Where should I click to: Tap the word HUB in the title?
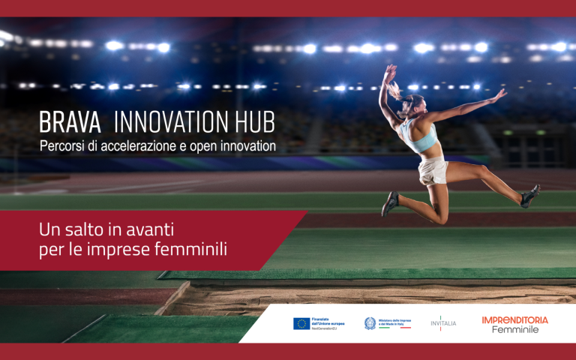point(252,122)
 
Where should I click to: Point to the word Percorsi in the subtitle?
point(63,145)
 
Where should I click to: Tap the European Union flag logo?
point(301,323)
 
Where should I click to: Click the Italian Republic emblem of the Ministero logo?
point(370,323)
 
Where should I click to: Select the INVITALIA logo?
point(443,323)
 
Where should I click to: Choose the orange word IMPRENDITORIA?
point(514,319)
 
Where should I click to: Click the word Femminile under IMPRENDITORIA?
point(514,330)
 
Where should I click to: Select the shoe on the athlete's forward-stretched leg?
point(530,195)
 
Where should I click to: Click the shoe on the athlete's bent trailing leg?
point(390,203)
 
